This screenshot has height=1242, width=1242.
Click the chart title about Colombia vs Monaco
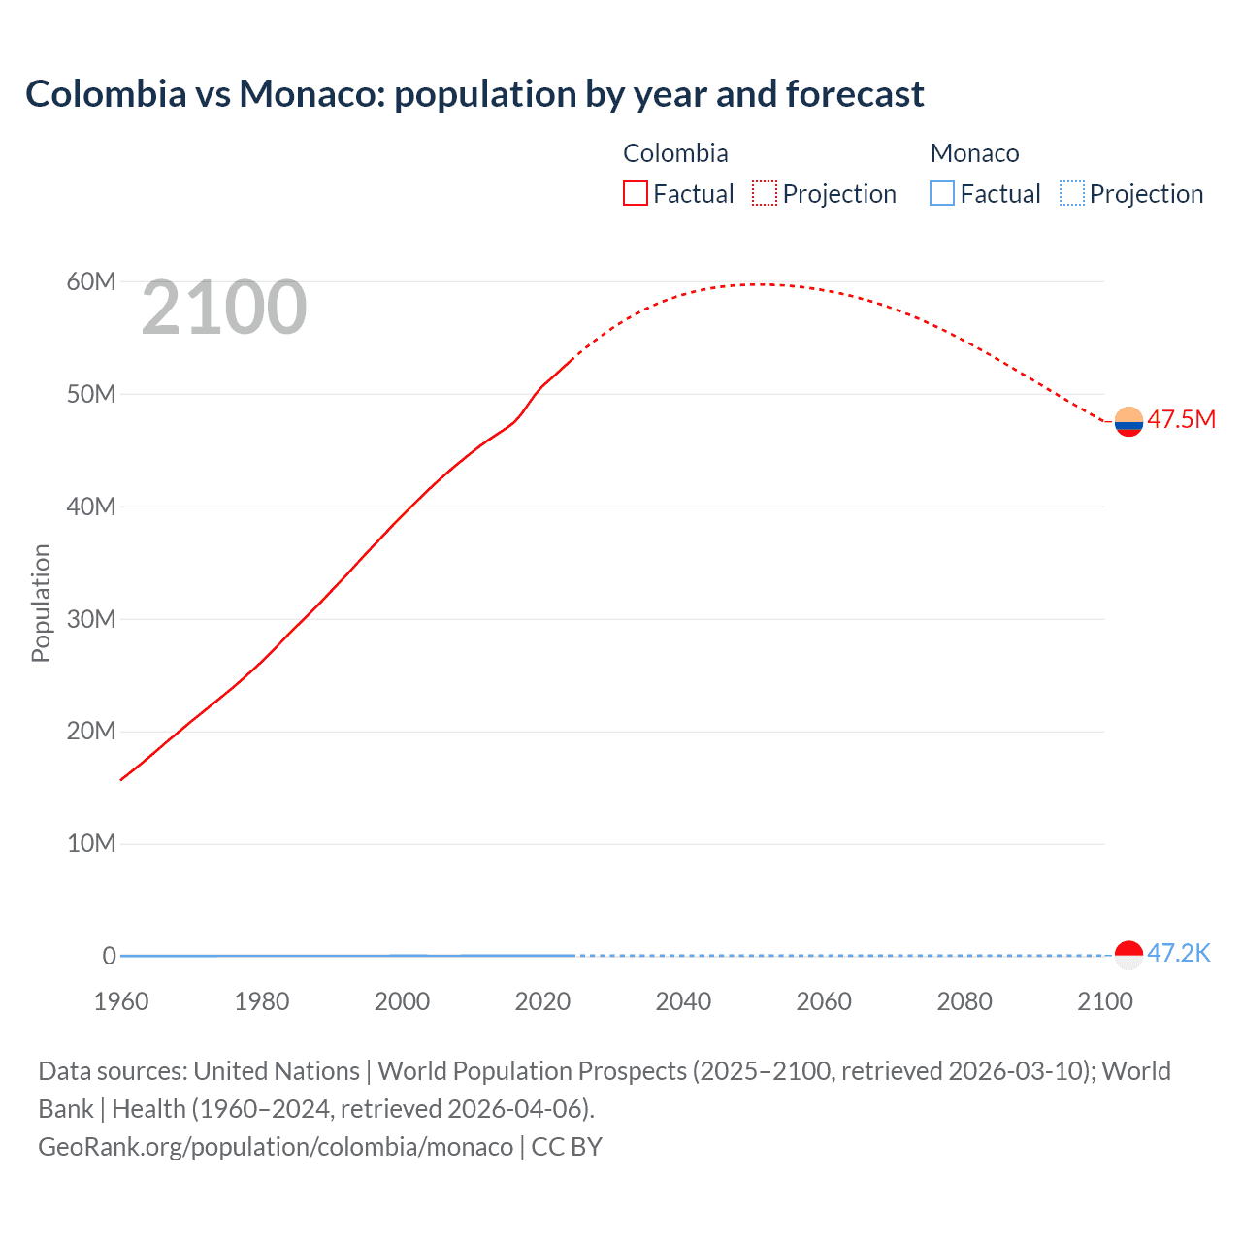click(474, 94)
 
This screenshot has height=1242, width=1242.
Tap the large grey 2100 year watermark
click(224, 309)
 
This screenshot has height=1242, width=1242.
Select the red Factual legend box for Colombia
click(635, 194)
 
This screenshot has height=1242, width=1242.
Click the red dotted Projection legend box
click(765, 194)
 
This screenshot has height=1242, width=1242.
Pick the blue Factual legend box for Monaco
click(942, 194)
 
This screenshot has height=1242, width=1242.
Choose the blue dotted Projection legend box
click(1072, 194)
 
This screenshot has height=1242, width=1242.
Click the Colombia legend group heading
click(675, 153)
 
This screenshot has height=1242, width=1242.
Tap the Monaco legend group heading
click(974, 153)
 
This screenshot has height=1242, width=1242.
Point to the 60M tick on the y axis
click(91, 282)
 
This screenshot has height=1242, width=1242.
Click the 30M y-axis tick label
click(91, 619)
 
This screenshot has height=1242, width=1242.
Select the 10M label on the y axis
click(91, 844)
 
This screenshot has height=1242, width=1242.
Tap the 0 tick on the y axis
click(109, 956)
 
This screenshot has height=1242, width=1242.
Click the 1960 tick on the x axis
click(121, 1001)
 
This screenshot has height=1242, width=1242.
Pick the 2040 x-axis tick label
click(683, 1001)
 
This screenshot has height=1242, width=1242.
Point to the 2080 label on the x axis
click(964, 1001)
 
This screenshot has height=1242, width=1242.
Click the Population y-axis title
click(41, 604)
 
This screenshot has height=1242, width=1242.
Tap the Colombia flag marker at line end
click(1128, 422)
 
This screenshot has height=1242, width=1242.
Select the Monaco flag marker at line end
click(1128, 955)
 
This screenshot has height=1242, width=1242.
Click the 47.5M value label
click(1181, 420)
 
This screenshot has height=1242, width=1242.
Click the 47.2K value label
click(1179, 953)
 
